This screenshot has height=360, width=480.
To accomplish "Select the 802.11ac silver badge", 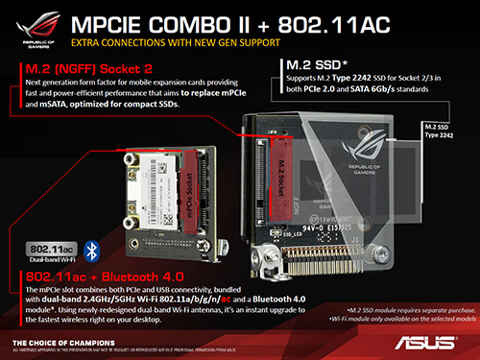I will tap(51, 249).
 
